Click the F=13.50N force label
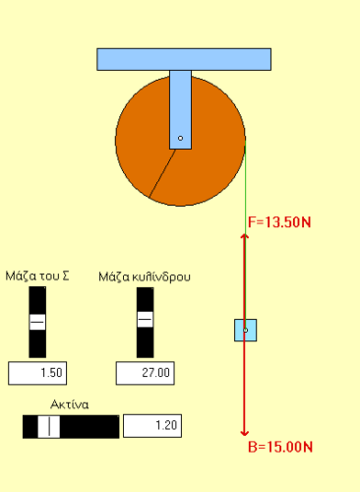click(279, 222)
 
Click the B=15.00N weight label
click(280, 447)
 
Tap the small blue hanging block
click(245, 330)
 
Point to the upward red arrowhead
click(245, 236)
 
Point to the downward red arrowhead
click(244, 433)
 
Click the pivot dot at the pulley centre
click(180, 139)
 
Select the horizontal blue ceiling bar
click(184, 59)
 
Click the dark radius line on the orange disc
click(162, 173)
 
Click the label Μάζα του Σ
click(37, 277)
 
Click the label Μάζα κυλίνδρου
click(145, 277)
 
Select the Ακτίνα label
click(70, 404)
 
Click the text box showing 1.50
click(37, 373)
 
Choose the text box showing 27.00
click(146, 373)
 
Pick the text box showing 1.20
click(152, 426)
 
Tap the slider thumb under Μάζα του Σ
click(37, 322)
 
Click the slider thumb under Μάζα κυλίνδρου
click(145, 319)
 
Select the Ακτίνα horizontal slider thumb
click(49, 426)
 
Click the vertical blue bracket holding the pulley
click(180, 109)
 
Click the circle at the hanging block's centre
click(245, 331)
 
